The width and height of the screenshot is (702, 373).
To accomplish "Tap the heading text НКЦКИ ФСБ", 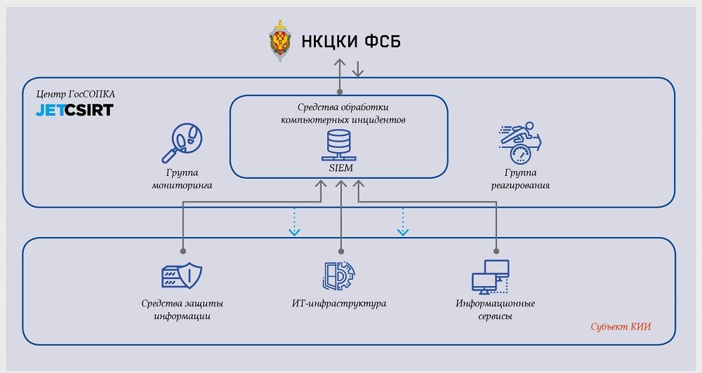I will [x=351, y=42].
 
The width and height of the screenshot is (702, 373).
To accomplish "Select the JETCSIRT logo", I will [x=74, y=110].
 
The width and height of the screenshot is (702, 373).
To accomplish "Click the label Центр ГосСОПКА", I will [x=75, y=94].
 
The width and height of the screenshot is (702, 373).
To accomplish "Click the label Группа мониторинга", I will [x=182, y=179].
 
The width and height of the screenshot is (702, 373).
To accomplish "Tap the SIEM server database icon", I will [x=339, y=146].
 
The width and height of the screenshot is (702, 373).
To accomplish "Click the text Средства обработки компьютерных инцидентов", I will [x=339, y=114].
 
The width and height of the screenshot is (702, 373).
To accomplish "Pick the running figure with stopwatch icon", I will [x=520, y=143].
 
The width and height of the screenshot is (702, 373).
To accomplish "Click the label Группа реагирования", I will [x=520, y=179].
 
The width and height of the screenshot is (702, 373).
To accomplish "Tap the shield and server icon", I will [x=181, y=275].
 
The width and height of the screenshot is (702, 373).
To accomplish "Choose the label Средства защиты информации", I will [x=182, y=309].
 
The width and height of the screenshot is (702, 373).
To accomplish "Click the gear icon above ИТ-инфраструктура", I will [x=339, y=276].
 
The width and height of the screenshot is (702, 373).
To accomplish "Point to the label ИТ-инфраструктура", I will [x=339, y=304].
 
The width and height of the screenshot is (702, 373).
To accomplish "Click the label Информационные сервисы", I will [x=495, y=309].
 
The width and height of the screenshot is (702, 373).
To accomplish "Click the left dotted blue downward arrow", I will [x=294, y=222].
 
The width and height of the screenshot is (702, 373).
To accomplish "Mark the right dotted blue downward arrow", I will [x=402, y=222].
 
